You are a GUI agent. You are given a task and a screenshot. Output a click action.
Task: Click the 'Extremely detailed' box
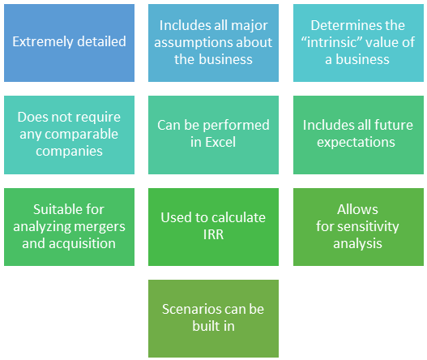(x=69, y=43)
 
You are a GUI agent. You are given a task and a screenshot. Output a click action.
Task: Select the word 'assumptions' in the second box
(x=190, y=43)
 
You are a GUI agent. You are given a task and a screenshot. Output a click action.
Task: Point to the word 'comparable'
(x=81, y=135)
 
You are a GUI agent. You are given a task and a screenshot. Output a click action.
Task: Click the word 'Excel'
(x=220, y=142)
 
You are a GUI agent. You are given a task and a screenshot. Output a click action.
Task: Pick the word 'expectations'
(x=356, y=143)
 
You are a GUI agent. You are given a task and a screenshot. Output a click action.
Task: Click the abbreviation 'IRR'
(x=214, y=234)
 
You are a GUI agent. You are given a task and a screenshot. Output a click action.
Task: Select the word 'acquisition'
(x=83, y=243)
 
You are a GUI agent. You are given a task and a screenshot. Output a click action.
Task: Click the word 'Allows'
(x=357, y=209)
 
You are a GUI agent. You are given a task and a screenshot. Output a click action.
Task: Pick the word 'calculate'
(x=238, y=217)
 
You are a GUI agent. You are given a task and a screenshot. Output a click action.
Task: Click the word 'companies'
(x=69, y=152)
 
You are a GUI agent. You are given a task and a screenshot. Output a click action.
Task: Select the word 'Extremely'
(x=43, y=41)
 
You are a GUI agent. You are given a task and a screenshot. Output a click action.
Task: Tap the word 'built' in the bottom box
(x=204, y=326)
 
